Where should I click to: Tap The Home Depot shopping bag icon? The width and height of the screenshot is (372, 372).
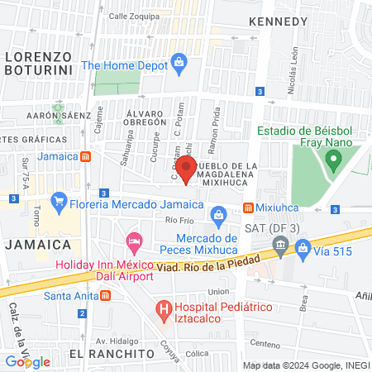pos(178,62)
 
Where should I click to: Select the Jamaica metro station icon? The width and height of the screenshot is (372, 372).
pos(86,156)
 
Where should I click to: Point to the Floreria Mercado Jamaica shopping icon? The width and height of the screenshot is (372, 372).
pos(59,200)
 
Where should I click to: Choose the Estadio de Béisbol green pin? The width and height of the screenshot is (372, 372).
pos(334,161)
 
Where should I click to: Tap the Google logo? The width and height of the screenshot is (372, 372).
pos(27,361)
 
